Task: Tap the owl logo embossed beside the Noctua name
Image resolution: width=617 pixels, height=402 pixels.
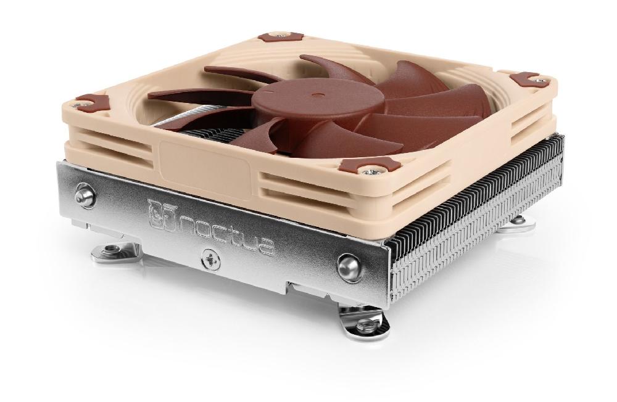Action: pyautogui.click(x=160, y=213)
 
